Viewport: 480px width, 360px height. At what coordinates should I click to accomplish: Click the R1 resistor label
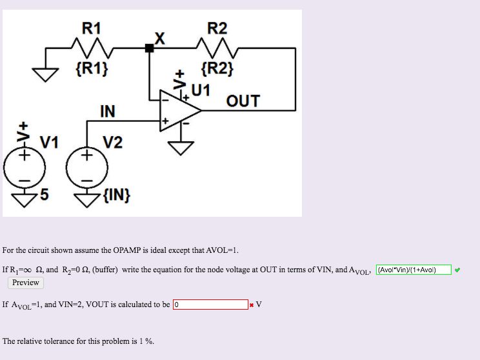click(92, 28)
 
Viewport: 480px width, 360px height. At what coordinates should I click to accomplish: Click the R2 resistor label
click(217, 28)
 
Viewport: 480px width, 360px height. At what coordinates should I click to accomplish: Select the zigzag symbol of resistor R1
click(91, 47)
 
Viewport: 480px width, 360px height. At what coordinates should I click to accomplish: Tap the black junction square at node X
click(150, 48)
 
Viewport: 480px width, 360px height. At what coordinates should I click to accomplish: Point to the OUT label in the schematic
click(243, 101)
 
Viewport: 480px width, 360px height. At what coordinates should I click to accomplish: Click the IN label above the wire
click(107, 112)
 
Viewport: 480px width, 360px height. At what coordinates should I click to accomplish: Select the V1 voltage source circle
click(25, 169)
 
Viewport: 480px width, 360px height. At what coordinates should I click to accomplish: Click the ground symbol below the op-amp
click(181, 148)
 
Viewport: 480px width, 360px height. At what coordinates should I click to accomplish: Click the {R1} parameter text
click(92, 67)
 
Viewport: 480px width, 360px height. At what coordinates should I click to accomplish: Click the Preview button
click(26, 283)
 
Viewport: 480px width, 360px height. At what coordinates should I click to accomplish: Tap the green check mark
click(457, 270)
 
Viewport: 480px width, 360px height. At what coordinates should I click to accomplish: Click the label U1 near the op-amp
click(201, 89)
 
